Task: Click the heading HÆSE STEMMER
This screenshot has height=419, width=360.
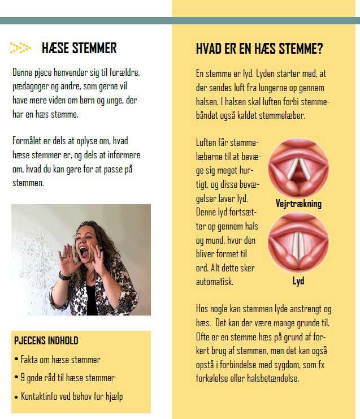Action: pos(79,49)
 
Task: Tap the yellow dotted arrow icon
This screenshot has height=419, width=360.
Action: pos(20,49)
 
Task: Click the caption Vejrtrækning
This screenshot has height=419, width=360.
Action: pos(298,204)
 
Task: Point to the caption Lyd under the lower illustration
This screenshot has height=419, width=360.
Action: pos(298,280)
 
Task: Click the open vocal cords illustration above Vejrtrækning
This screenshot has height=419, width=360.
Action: pos(298,168)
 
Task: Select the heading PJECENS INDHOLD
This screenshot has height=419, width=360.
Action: pos(46,341)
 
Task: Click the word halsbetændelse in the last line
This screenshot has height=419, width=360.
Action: pos(267,378)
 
